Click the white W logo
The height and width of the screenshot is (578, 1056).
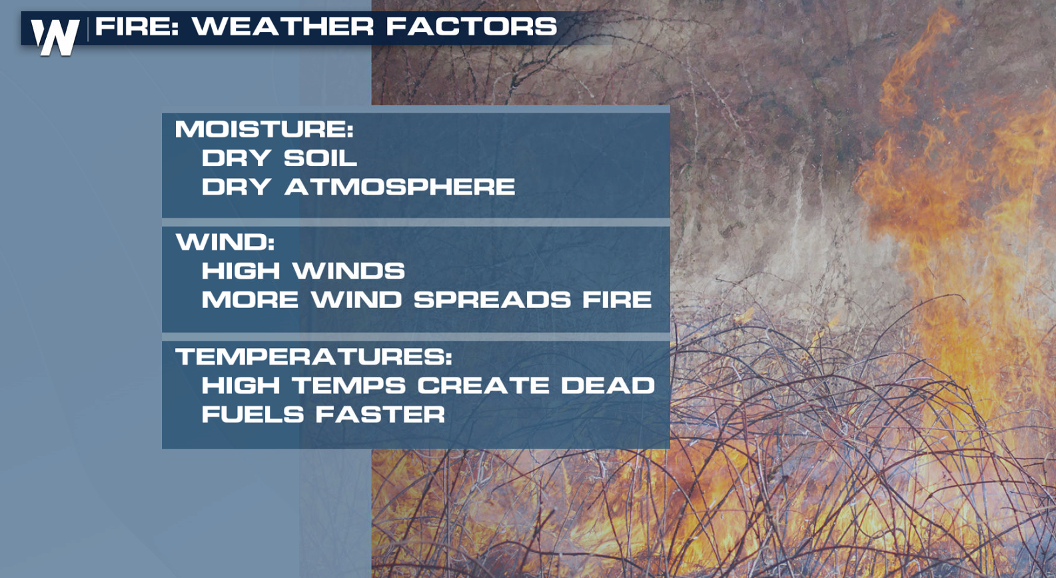coord(55,37)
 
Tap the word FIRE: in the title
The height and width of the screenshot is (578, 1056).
coord(137,26)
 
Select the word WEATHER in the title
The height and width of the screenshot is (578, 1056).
coord(282,26)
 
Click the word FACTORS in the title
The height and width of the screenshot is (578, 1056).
coord(472,26)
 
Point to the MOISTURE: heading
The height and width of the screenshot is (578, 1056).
coord(264,129)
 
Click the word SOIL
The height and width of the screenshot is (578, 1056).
coord(320,157)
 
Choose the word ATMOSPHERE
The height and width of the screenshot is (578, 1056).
coord(400,187)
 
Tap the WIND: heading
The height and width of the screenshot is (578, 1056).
coord(225,242)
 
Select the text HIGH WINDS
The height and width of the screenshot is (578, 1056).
coord(303,271)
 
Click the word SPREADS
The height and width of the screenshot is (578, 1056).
coord(492,299)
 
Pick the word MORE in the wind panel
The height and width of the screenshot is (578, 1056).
coord(250,299)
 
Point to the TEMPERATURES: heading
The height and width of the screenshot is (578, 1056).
coord(314,357)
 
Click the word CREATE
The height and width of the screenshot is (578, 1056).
coord(483,385)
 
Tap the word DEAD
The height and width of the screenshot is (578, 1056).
coord(608,385)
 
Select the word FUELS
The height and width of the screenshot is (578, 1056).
coord(253,414)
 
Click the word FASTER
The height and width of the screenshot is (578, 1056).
coord(380,414)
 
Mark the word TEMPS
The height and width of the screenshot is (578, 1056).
coord(349,385)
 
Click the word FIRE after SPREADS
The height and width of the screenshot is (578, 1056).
coord(617,299)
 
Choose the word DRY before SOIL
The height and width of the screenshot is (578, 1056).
coord(237,157)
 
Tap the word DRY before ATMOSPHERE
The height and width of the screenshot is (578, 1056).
coord(237,187)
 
